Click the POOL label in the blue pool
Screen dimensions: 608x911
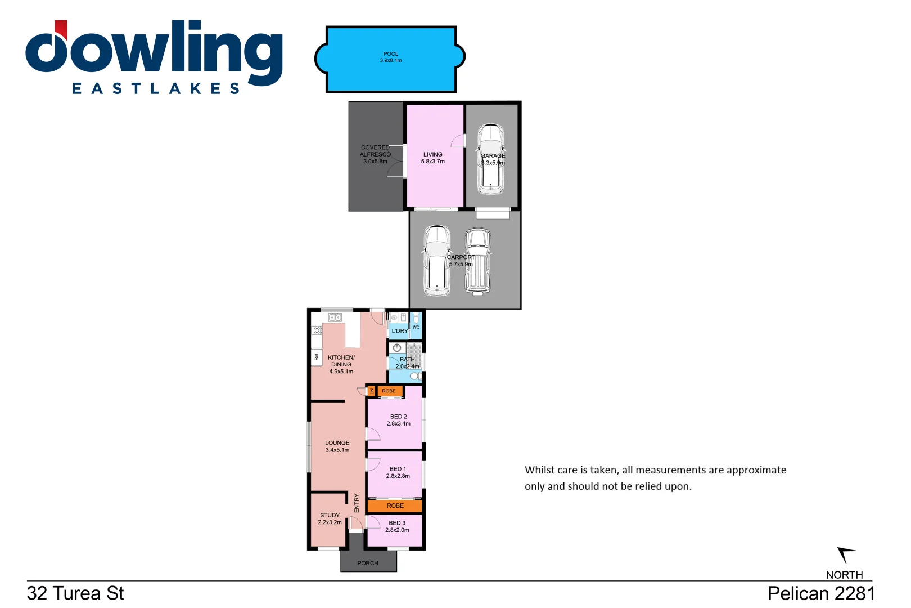click(390, 54)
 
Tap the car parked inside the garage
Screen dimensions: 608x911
click(491, 160)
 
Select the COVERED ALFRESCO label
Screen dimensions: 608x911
click(375, 154)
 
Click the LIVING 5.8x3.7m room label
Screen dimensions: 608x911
click(432, 158)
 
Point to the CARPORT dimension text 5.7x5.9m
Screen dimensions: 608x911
click(461, 264)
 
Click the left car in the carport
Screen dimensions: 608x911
click(436, 260)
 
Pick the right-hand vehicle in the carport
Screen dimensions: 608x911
click(478, 261)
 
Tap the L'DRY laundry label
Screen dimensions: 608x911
click(399, 331)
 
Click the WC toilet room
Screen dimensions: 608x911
click(416, 325)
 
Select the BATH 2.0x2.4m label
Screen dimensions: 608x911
click(407, 363)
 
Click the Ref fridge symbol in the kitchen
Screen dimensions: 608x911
click(317, 357)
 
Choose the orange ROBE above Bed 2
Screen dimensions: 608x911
click(389, 391)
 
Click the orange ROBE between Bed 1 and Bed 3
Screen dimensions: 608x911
click(395, 506)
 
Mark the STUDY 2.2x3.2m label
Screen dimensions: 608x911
click(330, 518)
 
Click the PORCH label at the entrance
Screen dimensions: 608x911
click(368, 563)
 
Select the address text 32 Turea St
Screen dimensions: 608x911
click(75, 593)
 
